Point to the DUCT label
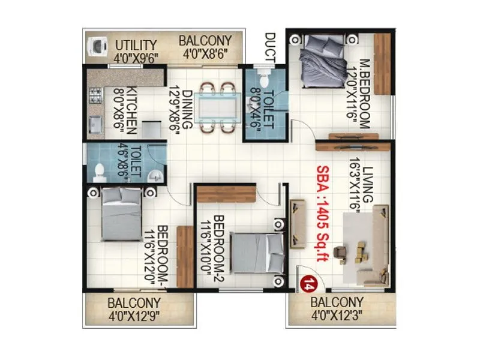[x=269, y=46]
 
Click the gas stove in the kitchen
[x=95, y=94]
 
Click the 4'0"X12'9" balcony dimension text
[x=134, y=316]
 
